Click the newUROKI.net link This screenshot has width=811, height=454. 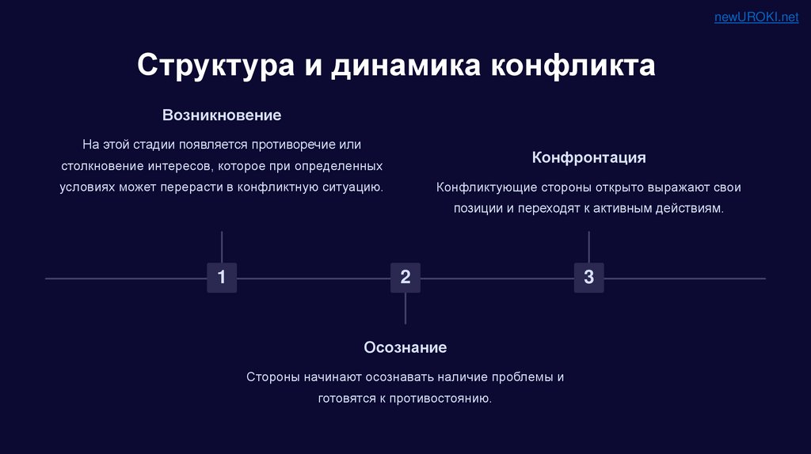tap(756, 17)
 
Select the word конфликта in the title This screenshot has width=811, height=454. tap(573, 66)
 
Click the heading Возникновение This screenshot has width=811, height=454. tap(222, 115)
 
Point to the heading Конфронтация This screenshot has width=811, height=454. tap(588, 157)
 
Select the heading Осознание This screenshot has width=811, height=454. tap(405, 347)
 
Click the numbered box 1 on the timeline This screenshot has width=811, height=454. tap(222, 278)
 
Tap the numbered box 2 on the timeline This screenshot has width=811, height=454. tap(405, 278)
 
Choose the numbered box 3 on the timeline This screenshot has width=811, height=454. tap(588, 278)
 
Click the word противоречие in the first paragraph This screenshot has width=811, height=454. tap(289, 146)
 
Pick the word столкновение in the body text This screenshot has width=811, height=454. tap(101, 167)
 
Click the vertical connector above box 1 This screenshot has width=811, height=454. tap(222, 247)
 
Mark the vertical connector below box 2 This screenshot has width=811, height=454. tap(405, 308)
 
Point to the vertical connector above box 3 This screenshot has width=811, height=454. tap(588, 247)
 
